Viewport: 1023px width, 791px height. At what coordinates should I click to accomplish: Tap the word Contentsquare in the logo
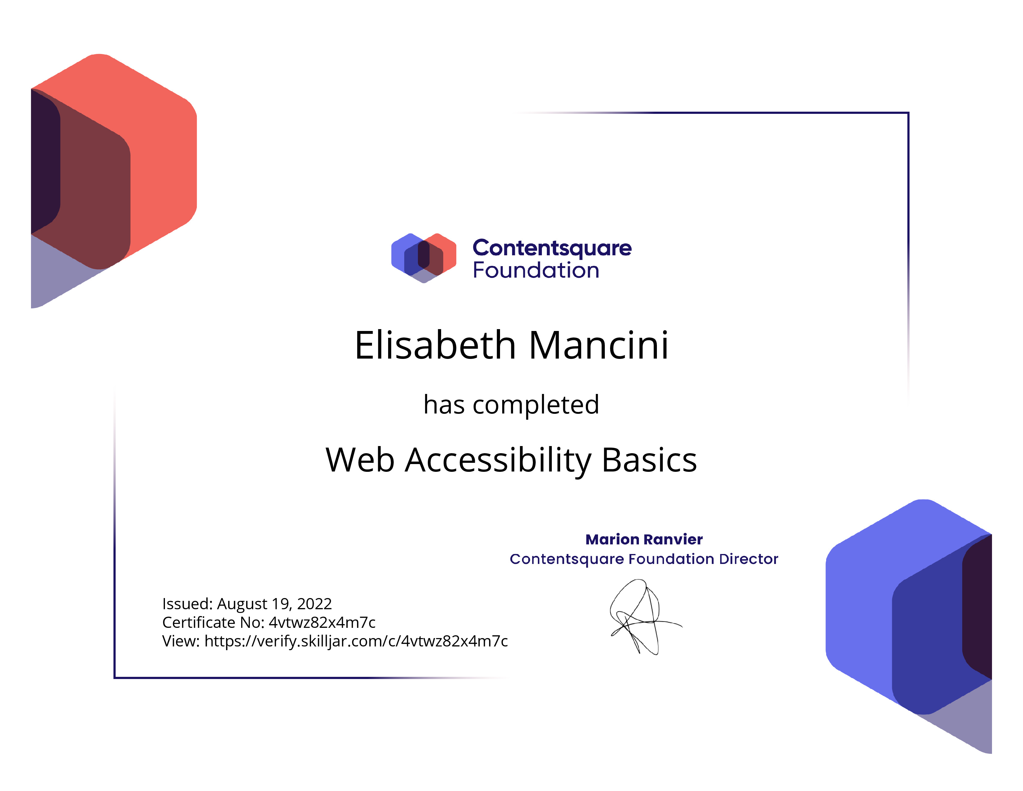click(x=552, y=248)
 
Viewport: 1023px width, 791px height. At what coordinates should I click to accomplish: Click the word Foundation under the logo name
click(x=536, y=270)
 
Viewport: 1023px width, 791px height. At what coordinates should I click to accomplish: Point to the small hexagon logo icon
click(x=423, y=258)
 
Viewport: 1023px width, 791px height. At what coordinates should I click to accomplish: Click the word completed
click(x=536, y=404)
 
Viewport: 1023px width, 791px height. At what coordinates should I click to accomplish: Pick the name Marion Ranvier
click(x=644, y=539)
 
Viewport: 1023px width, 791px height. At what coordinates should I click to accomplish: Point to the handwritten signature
click(x=645, y=617)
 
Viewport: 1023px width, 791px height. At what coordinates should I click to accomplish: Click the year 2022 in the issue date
click(x=314, y=604)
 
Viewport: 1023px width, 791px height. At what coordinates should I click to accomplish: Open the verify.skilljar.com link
click(x=356, y=641)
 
